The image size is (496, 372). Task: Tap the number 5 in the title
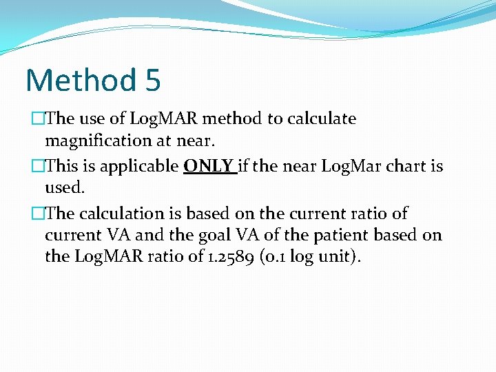(153, 80)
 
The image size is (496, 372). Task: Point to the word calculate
(322, 118)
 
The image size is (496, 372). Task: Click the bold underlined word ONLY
(209, 166)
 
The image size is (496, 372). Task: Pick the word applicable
(145, 166)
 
